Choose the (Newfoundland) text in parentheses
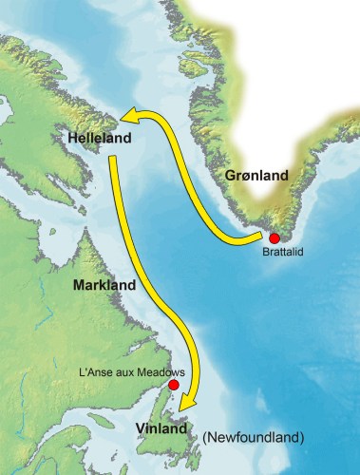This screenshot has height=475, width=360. pos(253,437)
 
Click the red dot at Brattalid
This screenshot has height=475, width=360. pos(275,237)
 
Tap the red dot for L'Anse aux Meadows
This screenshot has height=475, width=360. pos(173,386)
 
